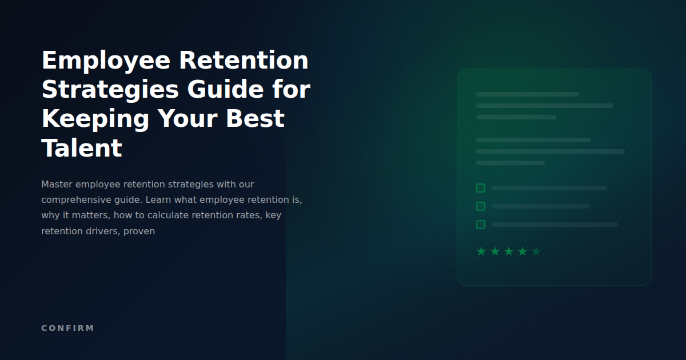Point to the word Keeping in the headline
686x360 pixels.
95,119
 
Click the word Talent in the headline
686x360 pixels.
82,149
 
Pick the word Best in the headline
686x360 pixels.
255,119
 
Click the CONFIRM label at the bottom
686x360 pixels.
67,328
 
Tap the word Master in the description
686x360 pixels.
57,185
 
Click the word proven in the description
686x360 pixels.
139,231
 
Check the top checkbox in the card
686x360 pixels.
481,188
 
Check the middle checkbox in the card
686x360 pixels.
481,206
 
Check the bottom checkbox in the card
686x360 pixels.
481,225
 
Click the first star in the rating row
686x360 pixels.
481,251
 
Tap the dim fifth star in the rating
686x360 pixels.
536,251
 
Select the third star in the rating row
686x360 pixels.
509,251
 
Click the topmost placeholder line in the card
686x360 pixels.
527,94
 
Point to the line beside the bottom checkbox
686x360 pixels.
555,225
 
